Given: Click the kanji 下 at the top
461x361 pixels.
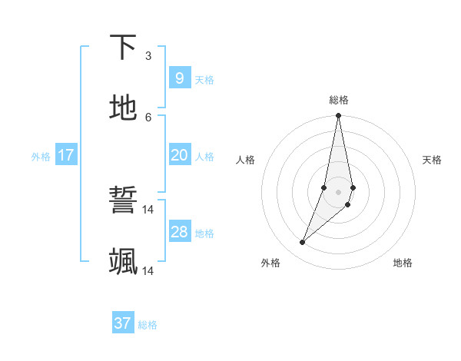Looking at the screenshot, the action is point(124,48).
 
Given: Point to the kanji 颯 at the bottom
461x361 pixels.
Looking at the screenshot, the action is point(124,262).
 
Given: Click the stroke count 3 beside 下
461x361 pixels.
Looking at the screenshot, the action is point(148,55).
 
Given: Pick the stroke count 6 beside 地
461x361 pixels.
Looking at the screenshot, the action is point(148,117).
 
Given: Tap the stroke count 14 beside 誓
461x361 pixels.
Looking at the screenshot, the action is point(148,209).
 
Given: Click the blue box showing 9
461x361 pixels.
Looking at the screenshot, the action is point(179,78).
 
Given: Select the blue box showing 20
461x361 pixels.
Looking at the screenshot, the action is point(179,155).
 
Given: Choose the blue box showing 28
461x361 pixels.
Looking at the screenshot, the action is point(179,232).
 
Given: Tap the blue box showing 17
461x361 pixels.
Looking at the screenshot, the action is point(66,155).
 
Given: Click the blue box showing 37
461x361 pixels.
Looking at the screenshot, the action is point(122,323).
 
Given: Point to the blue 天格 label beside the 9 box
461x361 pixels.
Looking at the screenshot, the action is point(204,80).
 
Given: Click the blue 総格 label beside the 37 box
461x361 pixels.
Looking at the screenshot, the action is point(148,326).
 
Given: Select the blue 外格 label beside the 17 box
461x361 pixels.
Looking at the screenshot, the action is point(41,157).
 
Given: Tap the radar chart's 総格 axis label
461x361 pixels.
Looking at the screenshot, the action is point(339,100).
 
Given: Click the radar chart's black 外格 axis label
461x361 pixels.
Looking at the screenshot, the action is point(270,263).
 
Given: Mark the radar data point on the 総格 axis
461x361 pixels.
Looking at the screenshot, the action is point(338,116).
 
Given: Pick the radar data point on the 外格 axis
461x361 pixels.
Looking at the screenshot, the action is point(303,242).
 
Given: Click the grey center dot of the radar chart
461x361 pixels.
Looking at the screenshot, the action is point(338,192).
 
